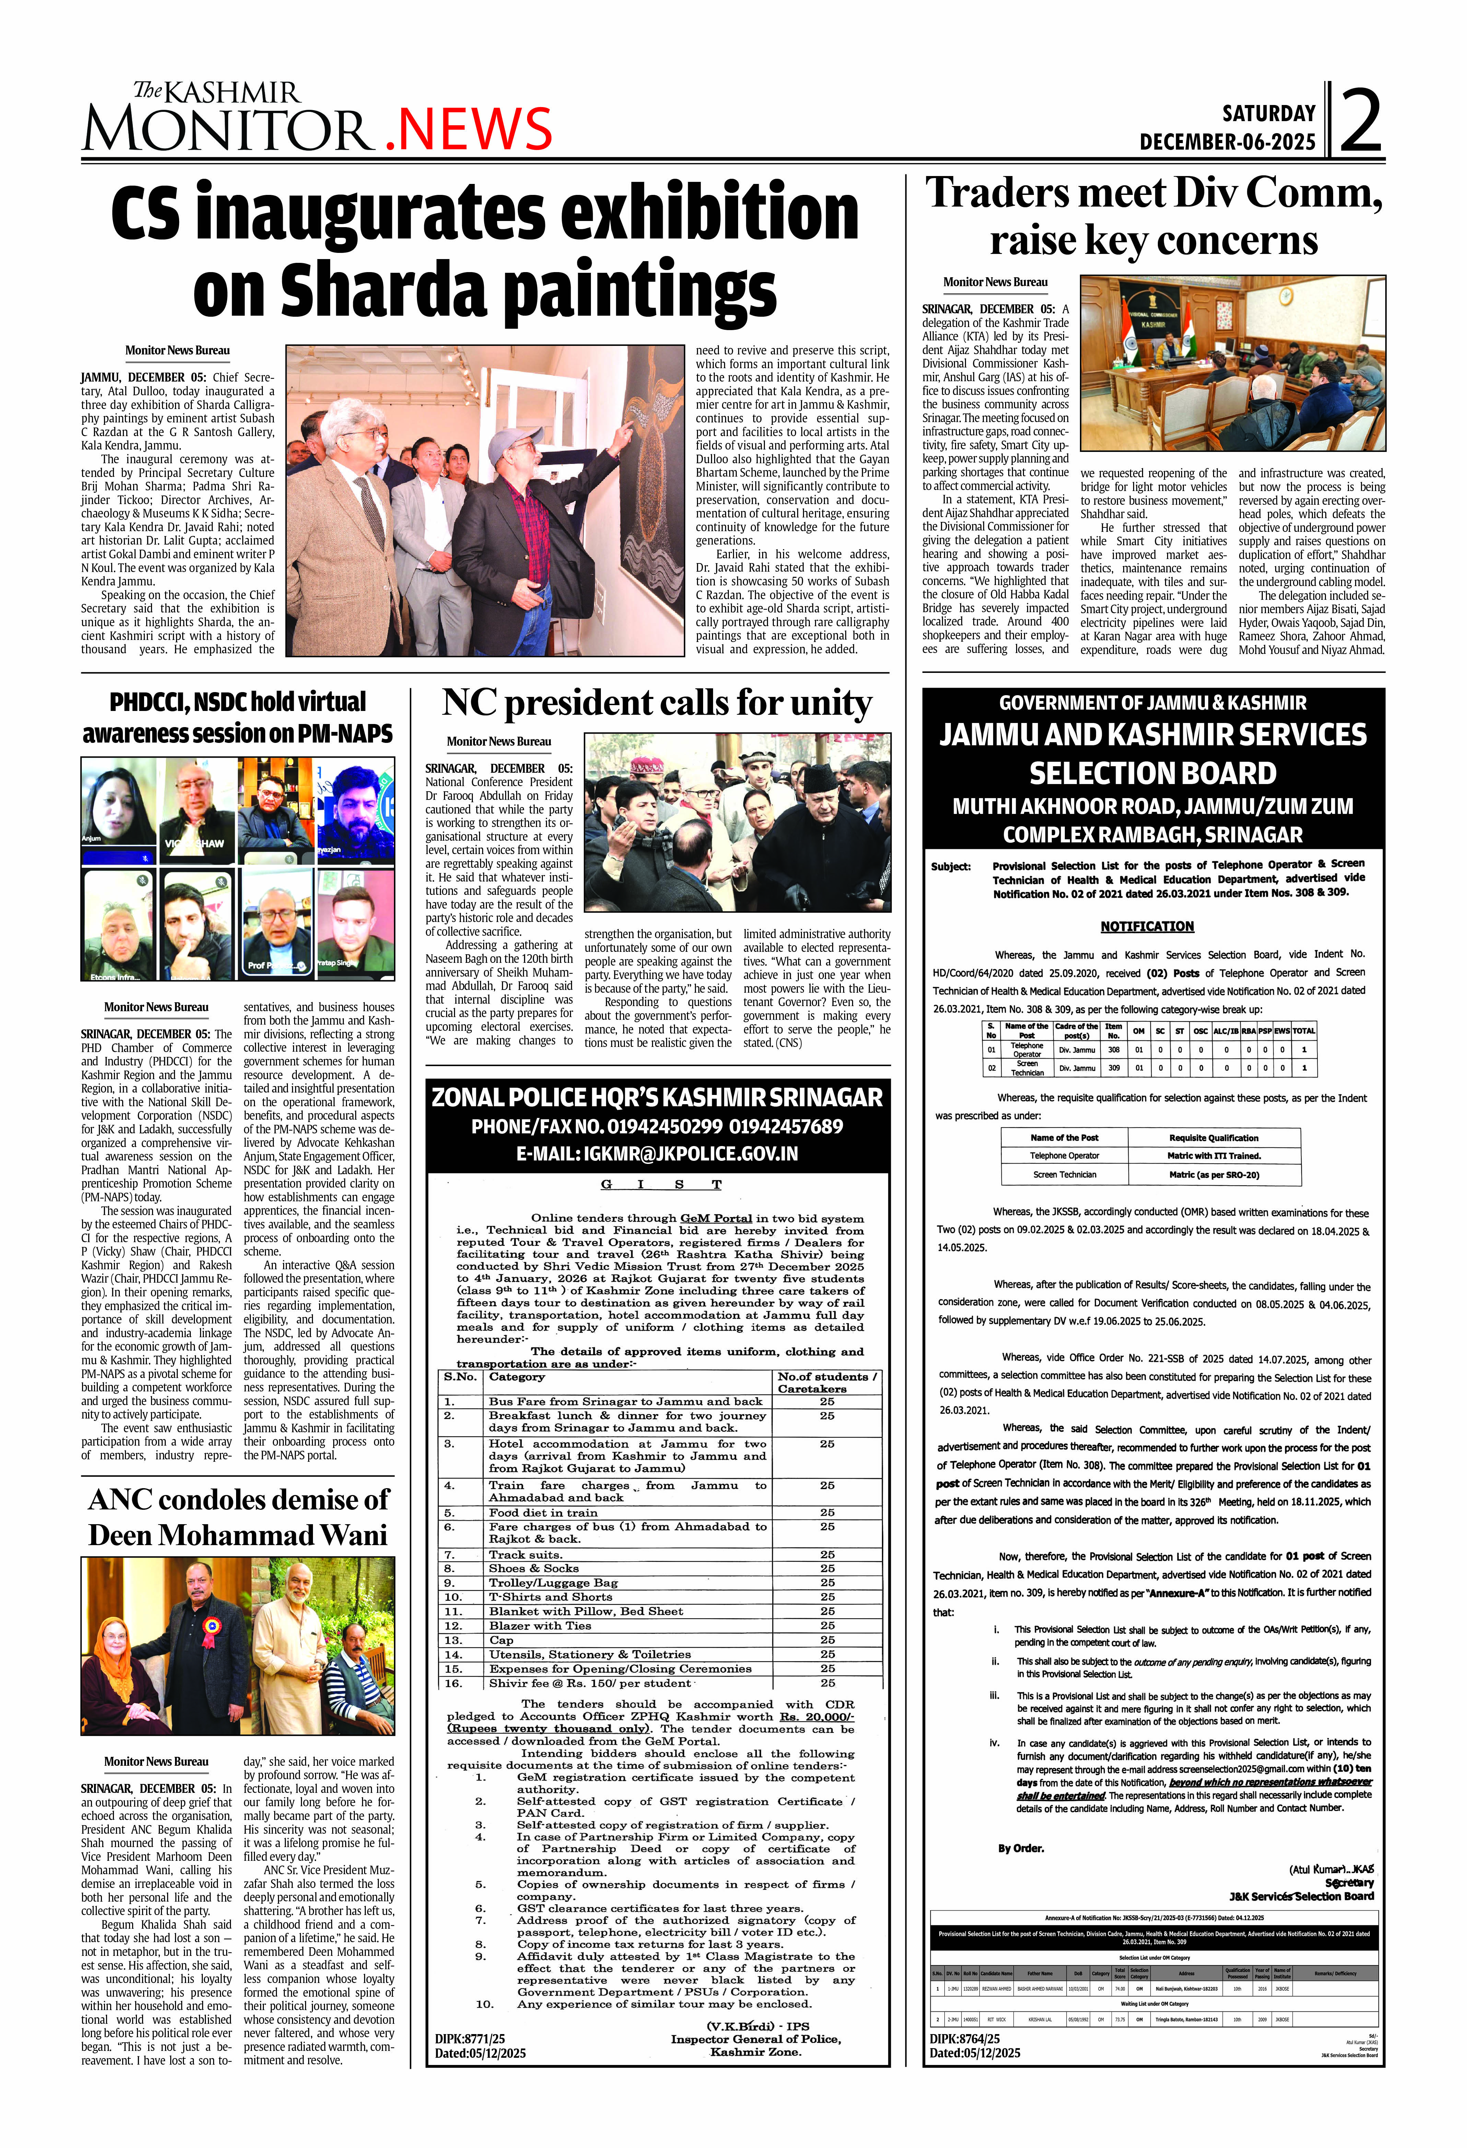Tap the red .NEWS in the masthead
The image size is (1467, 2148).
pos(468,129)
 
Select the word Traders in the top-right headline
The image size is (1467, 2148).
pos(998,193)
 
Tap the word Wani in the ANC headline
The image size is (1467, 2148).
pos(344,1535)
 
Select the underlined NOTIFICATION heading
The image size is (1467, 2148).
pos(1146,926)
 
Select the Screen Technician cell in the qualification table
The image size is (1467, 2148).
pos(1064,1175)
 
